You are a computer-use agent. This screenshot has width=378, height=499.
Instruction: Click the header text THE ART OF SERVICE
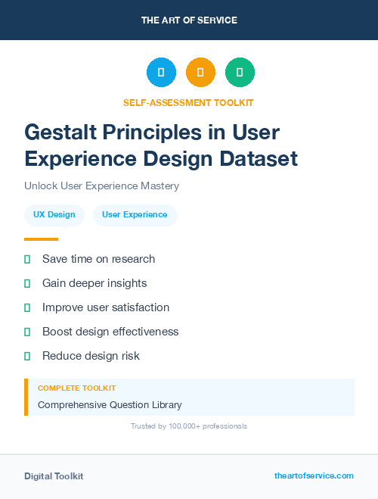pyautogui.click(x=189, y=20)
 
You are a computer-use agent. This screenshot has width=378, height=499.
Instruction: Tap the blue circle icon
pyautogui.click(x=161, y=73)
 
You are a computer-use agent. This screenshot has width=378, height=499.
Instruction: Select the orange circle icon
pyautogui.click(x=200, y=73)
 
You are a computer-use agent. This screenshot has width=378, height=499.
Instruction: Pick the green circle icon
pyautogui.click(x=240, y=73)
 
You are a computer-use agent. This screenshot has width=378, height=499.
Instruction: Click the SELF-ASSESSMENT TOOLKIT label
pyautogui.click(x=189, y=102)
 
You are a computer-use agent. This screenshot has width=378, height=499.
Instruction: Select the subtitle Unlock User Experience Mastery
pyautogui.click(x=101, y=186)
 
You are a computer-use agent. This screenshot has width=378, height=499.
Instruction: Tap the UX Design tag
pyautogui.click(x=54, y=215)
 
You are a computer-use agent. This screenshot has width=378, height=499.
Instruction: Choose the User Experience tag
pyautogui.click(x=135, y=215)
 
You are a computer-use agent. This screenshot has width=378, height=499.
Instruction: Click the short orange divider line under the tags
pyautogui.click(x=41, y=239)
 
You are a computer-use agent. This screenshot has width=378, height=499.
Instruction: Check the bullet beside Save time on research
pyautogui.click(x=27, y=259)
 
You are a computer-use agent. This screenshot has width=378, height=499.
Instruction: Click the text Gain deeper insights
pyautogui.click(x=94, y=283)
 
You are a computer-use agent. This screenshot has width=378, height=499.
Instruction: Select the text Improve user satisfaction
pyautogui.click(x=106, y=307)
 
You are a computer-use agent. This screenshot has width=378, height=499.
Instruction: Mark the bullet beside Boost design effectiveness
pyautogui.click(x=27, y=332)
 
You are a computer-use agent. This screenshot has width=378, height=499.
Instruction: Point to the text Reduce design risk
pyautogui.click(x=91, y=356)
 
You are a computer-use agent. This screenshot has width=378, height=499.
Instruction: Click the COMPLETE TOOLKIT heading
pyautogui.click(x=76, y=388)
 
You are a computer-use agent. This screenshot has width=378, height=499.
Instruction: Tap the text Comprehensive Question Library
pyautogui.click(x=110, y=405)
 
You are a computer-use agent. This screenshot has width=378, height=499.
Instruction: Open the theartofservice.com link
pyautogui.click(x=314, y=476)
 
